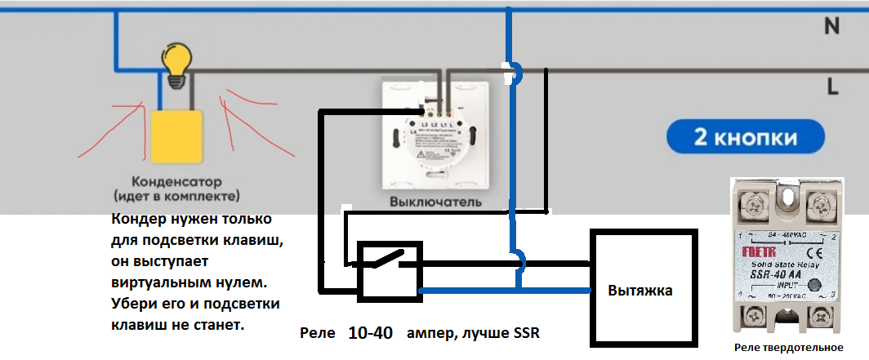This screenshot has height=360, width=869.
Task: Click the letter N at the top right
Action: (831, 26)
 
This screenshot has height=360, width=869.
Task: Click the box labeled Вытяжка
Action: (644, 288)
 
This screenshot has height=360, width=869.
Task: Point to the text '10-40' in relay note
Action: (370, 334)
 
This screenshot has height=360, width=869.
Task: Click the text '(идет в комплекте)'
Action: (176, 197)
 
